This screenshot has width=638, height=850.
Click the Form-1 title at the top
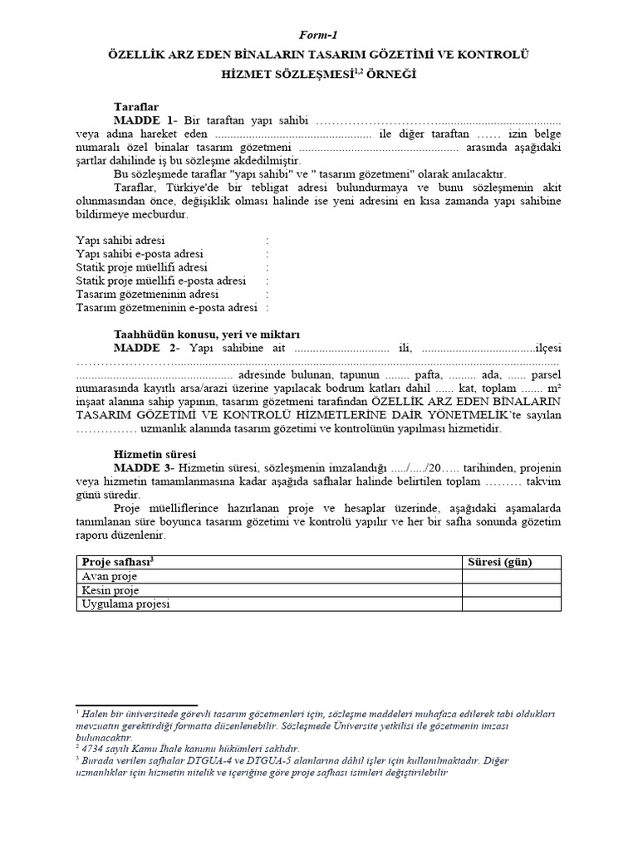pyautogui.click(x=319, y=35)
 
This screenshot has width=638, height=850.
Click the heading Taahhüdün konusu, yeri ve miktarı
pyautogui.click(x=188, y=334)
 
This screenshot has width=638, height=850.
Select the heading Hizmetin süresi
pyautogui.click(x=155, y=455)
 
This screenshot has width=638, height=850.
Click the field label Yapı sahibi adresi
pyautogui.click(x=115, y=240)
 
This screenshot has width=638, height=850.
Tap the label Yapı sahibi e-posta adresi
pyautogui.click(x=140, y=254)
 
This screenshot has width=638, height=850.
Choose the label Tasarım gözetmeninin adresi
pyautogui.click(x=147, y=295)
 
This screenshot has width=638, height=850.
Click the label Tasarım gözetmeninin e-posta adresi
pyautogui.click(x=166, y=308)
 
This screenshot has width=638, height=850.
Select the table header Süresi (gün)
pyautogui.click(x=501, y=562)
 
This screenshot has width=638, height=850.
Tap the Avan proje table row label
pyautogui.click(x=110, y=576)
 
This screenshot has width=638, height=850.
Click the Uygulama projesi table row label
pyautogui.click(x=125, y=604)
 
